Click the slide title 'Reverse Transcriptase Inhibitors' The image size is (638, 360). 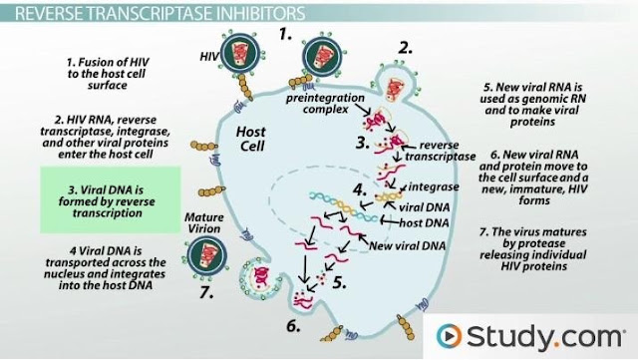tap(159, 13)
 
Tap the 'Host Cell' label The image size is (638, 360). tap(251, 139)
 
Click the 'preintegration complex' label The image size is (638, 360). tap(325, 104)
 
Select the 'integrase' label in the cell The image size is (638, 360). tap(434, 186)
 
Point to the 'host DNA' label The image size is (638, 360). tap(424, 222)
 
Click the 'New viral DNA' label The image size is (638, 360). tap(407, 245)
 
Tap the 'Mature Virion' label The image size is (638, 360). tap(204, 222)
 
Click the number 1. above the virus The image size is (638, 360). tap(285, 35)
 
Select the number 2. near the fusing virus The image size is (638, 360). tap(405, 48)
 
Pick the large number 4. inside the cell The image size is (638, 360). tap(360, 189)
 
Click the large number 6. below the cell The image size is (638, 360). tap(293, 326)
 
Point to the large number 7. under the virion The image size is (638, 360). tap(206, 292)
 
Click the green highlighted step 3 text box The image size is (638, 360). tap(110, 199)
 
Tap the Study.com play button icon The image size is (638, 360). tap(449, 336)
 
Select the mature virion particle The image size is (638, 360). tap(206, 256)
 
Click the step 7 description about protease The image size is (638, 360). tap(533, 249)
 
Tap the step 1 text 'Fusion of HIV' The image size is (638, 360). tap(108, 62)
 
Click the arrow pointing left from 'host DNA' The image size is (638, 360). tap(389, 220)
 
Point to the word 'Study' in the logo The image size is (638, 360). tap(509, 336)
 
